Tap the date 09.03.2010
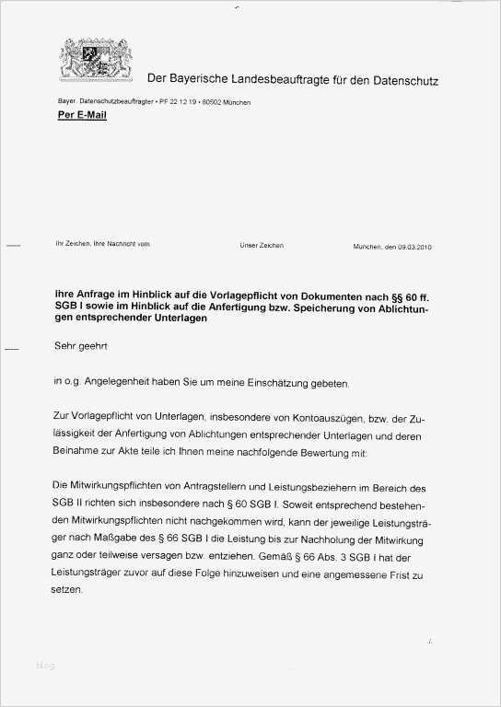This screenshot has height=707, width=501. (414, 247)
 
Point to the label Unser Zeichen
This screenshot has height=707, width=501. (262, 246)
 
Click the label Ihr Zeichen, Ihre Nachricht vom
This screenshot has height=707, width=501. (102, 244)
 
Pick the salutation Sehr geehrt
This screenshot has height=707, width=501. (81, 348)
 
